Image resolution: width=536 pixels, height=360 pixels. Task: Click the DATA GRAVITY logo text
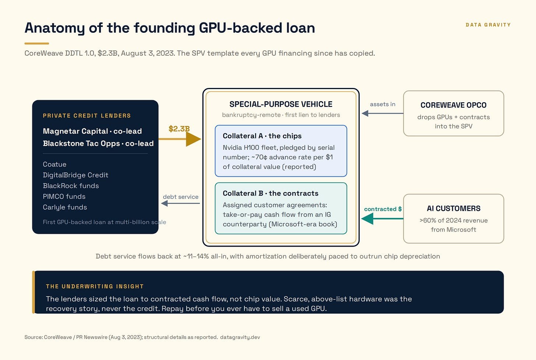coord(488,25)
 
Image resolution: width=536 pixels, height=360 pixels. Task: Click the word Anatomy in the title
coord(55,28)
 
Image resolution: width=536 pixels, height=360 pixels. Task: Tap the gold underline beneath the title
coord(36,43)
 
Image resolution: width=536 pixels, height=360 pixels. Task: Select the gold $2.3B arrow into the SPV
coord(180,139)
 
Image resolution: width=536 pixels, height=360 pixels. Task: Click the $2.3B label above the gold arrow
coord(179,129)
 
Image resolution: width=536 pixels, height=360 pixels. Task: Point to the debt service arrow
coord(180,203)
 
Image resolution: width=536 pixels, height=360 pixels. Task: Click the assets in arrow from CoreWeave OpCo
coord(382,113)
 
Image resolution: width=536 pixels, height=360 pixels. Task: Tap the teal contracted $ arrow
coord(382,219)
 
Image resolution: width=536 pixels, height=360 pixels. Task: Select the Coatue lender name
coord(54,164)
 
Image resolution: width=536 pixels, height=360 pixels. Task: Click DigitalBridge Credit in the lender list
coord(75,175)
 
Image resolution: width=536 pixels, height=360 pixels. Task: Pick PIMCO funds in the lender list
coord(64,197)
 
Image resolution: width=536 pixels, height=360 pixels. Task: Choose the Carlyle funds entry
coord(65,207)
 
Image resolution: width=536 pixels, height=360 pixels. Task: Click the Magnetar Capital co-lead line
coord(92,131)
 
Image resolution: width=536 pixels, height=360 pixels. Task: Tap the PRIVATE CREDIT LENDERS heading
coord(87,116)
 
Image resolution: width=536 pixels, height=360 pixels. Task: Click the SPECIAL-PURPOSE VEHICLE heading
coord(281,104)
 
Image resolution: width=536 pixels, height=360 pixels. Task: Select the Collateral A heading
coord(262,136)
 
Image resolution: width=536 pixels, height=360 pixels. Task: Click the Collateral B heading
coord(271,193)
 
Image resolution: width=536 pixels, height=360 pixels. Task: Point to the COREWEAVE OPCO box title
coord(454,105)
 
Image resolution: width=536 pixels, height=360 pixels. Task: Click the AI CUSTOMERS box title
coord(454,208)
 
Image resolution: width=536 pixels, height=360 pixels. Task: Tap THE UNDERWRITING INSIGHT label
coord(95,286)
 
